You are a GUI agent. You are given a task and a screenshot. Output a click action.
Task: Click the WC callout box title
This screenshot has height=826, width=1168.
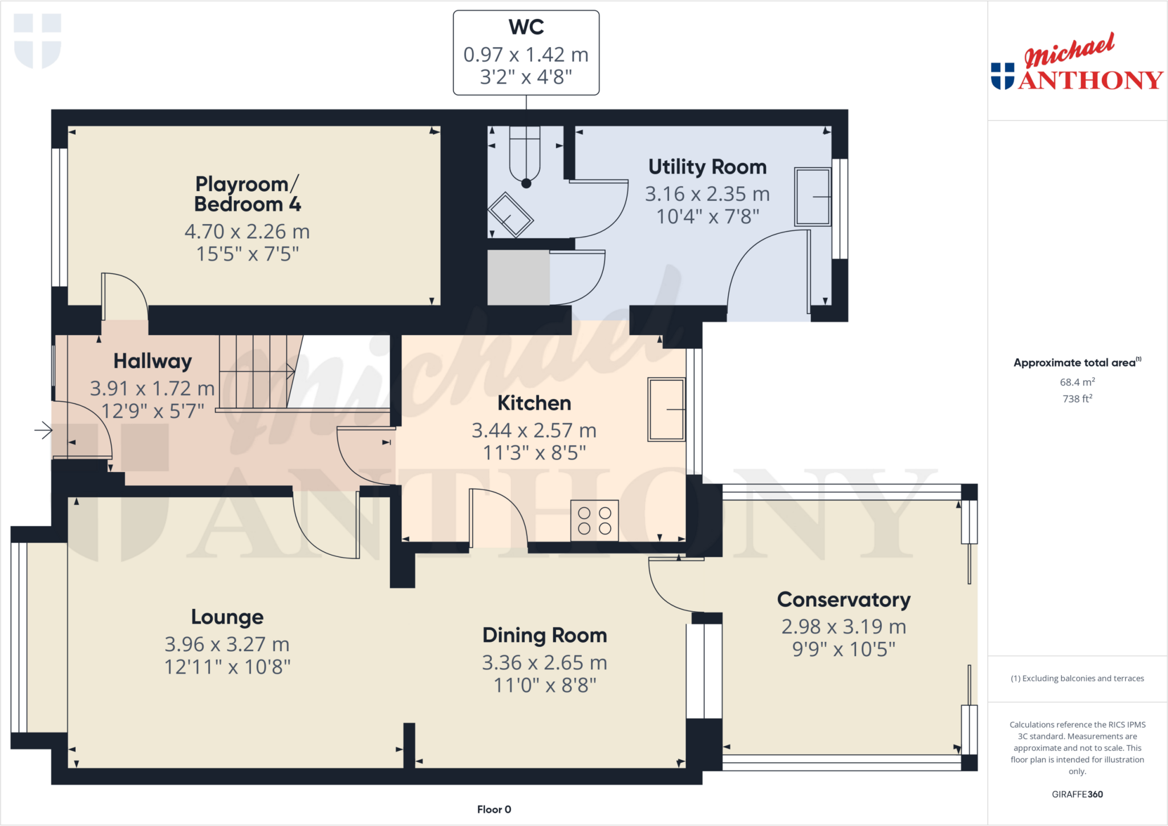click(x=526, y=27)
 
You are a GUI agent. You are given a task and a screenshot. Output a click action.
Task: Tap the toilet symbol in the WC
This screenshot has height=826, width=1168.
click(x=525, y=157)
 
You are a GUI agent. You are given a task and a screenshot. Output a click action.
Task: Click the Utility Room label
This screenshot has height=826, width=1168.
click(x=707, y=167)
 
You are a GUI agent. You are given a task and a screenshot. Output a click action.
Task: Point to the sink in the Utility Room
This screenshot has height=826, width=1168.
click(x=813, y=197)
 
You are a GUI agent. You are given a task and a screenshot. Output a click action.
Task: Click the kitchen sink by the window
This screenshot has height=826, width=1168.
click(x=666, y=409)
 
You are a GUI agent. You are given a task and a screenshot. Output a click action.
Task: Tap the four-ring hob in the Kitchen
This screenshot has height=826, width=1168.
click(x=594, y=520)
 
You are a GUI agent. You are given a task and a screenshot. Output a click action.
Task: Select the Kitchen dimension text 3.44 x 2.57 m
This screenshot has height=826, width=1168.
click(x=534, y=430)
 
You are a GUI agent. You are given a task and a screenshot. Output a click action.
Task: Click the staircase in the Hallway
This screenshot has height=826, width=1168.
click(x=257, y=372)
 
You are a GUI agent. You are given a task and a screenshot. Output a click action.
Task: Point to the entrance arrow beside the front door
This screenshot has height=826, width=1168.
click(x=43, y=430)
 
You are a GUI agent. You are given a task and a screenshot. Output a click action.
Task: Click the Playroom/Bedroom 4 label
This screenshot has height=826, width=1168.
click(x=247, y=194)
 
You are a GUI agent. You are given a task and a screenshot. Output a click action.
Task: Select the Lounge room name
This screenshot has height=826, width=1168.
click(x=227, y=617)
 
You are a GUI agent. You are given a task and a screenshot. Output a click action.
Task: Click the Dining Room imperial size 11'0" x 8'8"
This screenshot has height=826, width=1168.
click(x=545, y=685)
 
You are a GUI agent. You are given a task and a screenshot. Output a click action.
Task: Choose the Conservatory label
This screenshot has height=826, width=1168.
click(x=843, y=600)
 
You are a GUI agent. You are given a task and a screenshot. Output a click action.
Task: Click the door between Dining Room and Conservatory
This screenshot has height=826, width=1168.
click(x=670, y=587)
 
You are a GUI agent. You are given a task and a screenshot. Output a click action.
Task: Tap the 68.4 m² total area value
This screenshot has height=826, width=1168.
click(x=1077, y=382)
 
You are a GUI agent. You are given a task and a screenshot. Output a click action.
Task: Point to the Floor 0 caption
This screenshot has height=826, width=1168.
click(x=494, y=809)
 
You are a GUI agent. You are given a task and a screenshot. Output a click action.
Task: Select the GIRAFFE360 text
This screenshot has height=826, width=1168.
click(x=1077, y=794)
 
